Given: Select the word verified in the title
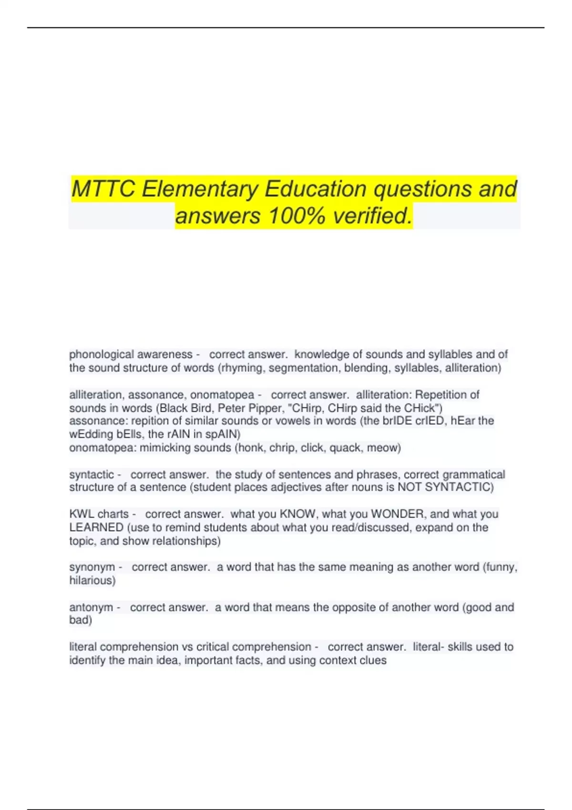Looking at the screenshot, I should [372, 216].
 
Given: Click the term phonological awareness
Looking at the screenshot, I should [131, 354].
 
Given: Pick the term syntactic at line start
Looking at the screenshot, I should [92, 475].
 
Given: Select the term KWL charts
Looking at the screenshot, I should [99, 514].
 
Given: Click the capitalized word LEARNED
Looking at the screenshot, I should [96, 527].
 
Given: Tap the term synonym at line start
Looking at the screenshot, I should [92, 567].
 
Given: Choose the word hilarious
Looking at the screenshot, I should [92, 580].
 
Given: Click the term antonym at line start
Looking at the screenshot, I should [91, 607].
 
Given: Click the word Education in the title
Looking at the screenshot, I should [316, 189].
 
